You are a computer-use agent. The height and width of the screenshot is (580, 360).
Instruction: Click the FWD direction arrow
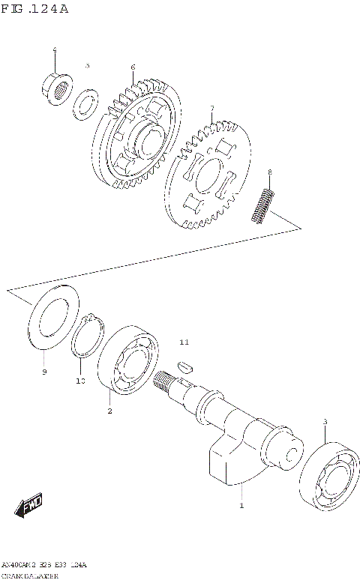30,507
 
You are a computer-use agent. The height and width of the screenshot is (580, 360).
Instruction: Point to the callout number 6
133,67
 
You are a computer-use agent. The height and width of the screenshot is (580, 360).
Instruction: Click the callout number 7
212,109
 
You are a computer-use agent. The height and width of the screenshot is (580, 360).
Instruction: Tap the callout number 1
241,507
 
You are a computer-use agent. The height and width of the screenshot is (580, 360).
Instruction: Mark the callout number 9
44,372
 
